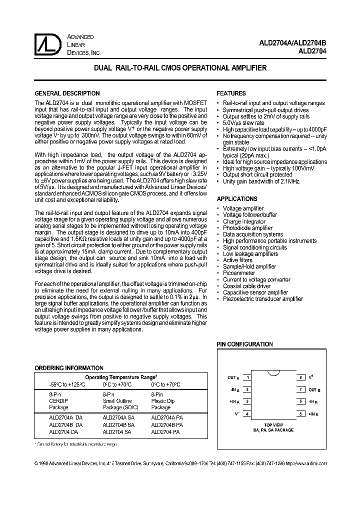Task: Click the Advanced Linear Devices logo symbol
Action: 48,44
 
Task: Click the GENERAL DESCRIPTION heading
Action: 66,93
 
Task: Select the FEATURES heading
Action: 231,93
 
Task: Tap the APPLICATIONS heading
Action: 236,199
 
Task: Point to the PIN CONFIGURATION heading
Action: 244,344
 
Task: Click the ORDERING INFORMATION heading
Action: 69,368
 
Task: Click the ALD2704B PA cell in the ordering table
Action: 167,424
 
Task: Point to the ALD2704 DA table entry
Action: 63,431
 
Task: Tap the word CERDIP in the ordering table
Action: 59,401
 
